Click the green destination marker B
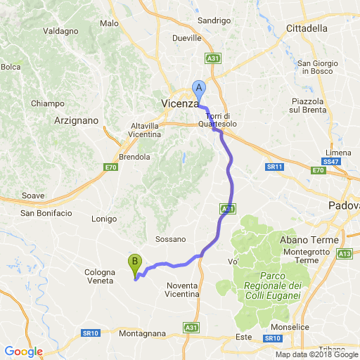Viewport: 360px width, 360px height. pyautogui.click(x=134, y=264)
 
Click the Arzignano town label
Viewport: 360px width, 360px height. pyautogui.click(x=75, y=121)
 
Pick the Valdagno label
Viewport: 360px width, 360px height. pyautogui.click(x=60, y=31)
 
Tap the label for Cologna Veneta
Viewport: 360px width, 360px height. pyautogui.click(x=99, y=276)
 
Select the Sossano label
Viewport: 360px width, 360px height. pyautogui.click(x=171, y=239)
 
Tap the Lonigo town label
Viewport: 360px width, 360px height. pyautogui.click(x=104, y=219)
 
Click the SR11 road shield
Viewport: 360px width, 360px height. pyautogui.click(x=274, y=167)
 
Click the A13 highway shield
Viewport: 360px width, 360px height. pyautogui.click(x=345, y=253)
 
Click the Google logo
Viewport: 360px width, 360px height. pyautogui.click(x=23, y=352)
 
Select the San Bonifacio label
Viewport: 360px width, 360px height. pyautogui.click(x=46, y=213)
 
